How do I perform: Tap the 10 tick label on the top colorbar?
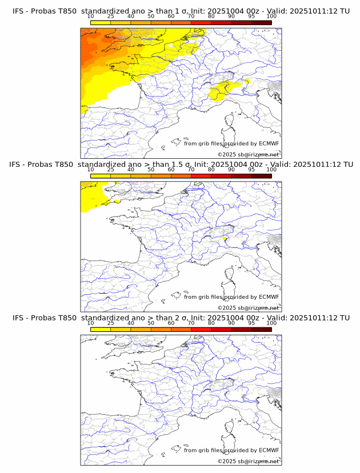(x=91, y=17)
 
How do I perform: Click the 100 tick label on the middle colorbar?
(x=271, y=170)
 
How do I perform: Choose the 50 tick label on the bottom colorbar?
(x=151, y=323)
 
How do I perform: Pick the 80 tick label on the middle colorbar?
(x=211, y=170)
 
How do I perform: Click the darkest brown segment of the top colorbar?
(x=261, y=22)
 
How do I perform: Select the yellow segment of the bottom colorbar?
(x=101, y=329)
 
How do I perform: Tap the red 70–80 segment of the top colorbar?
(x=201, y=22)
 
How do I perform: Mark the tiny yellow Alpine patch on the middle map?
(x=225, y=239)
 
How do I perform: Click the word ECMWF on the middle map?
(x=269, y=297)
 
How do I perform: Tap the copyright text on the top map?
(x=248, y=155)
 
